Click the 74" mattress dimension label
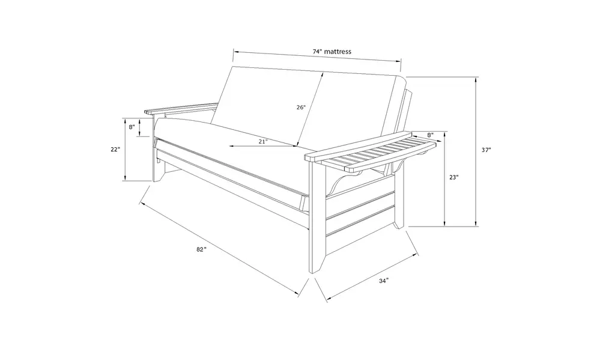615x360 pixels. click(x=332, y=52)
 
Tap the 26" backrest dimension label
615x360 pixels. click(x=301, y=107)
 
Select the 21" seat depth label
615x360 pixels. click(x=263, y=141)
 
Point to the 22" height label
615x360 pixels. click(x=115, y=149)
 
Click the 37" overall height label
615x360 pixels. click(x=486, y=150)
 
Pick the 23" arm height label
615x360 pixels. click(x=454, y=177)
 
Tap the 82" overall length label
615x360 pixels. click(x=201, y=249)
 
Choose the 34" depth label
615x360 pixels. click(x=384, y=281)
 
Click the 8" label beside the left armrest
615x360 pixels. click(x=132, y=127)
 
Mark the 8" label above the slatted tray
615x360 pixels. click(x=430, y=135)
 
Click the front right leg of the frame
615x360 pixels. click(x=317, y=220)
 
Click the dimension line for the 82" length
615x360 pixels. click(x=220, y=249)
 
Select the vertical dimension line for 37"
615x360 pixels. click(x=476, y=151)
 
